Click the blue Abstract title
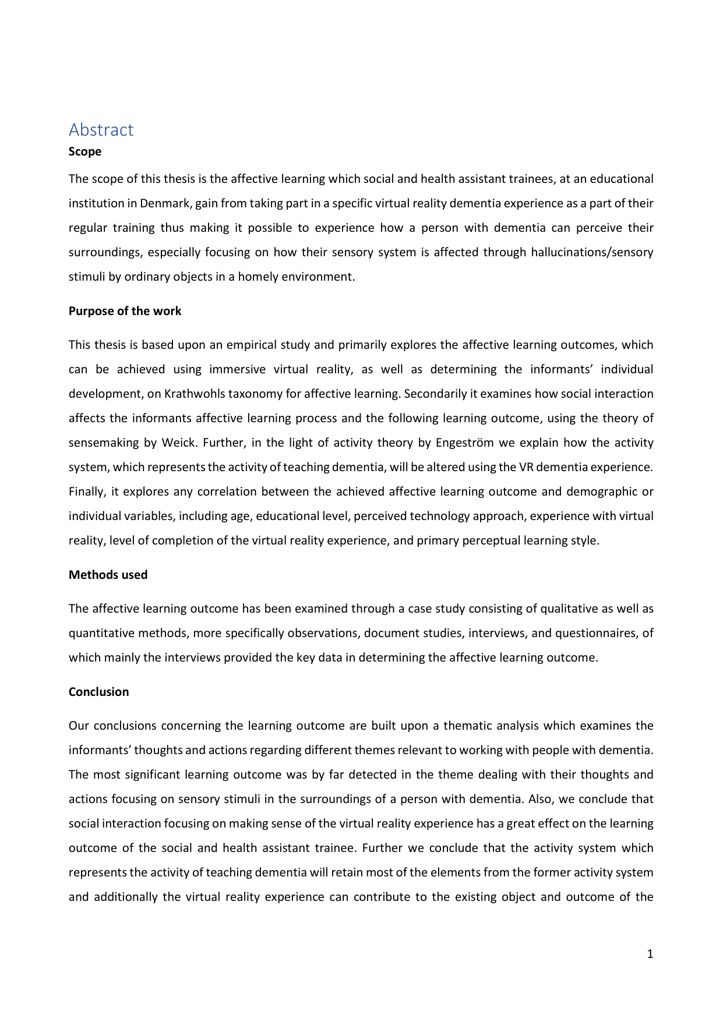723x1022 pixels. click(x=101, y=129)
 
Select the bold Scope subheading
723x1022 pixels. click(x=85, y=151)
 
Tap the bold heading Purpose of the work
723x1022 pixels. click(x=125, y=311)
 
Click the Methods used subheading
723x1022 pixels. click(x=108, y=575)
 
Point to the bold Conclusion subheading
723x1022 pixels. click(x=98, y=692)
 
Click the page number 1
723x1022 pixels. click(x=650, y=954)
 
